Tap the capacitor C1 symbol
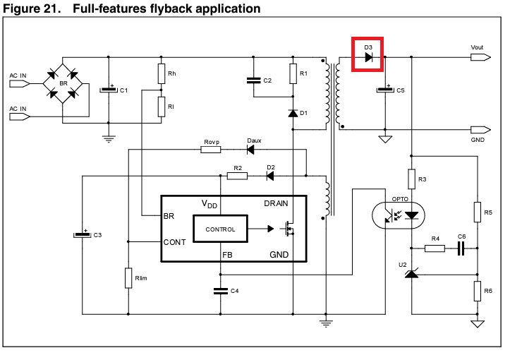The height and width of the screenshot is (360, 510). [109, 90]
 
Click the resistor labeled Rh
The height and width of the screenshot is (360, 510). [162, 73]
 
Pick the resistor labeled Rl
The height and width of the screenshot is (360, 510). [162, 107]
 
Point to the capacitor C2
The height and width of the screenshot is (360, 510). [252, 80]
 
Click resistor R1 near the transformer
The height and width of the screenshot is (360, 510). [293, 73]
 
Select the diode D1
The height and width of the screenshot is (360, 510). [293, 113]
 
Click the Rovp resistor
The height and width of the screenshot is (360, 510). [211, 150]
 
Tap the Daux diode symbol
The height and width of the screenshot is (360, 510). [250, 150]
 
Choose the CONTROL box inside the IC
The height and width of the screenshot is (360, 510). [219, 229]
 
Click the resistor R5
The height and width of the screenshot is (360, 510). [477, 210]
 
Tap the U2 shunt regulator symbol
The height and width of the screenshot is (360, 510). [411, 271]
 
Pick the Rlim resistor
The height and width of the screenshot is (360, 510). [128, 277]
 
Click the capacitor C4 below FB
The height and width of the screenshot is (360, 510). [221, 291]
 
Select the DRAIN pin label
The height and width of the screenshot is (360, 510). [276, 203]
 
